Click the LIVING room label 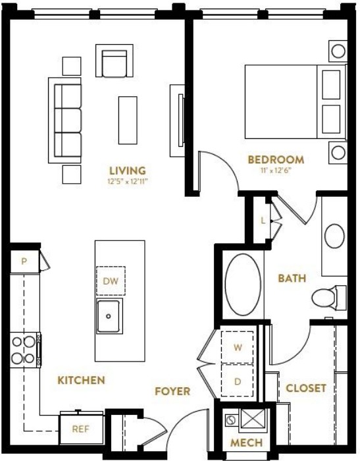(128, 171)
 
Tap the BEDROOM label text (276, 159)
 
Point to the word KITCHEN (81, 380)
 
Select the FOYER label (172, 391)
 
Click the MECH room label (246, 443)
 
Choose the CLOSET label (306, 388)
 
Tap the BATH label (292, 278)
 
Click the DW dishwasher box (111, 281)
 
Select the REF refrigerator (81, 428)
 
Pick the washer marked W (237, 347)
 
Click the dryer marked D (237, 381)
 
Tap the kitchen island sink (109, 316)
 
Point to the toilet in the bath (328, 297)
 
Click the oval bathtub (243, 285)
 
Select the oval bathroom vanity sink (334, 236)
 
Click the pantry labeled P (25, 261)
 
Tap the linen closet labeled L (263, 220)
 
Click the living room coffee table (128, 121)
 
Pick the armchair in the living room (115, 61)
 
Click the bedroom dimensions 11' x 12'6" (276, 171)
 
